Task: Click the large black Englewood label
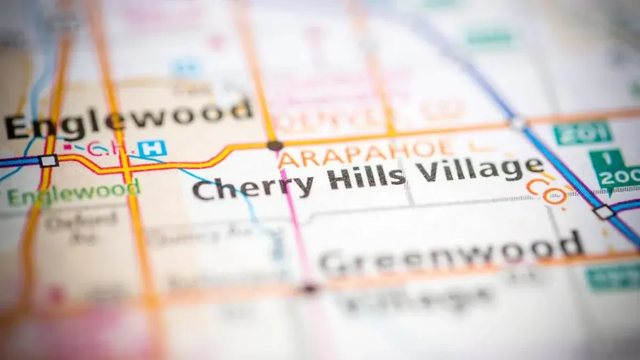click(x=128, y=118)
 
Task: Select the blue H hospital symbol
click(x=151, y=148)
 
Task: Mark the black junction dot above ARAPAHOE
click(x=275, y=145)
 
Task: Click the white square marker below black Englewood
click(x=49, y=161)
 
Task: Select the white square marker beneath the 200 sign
click(x=604, y=212)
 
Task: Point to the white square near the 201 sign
click(x=516, y=124)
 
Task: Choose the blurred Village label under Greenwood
click(x=416, y=299)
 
